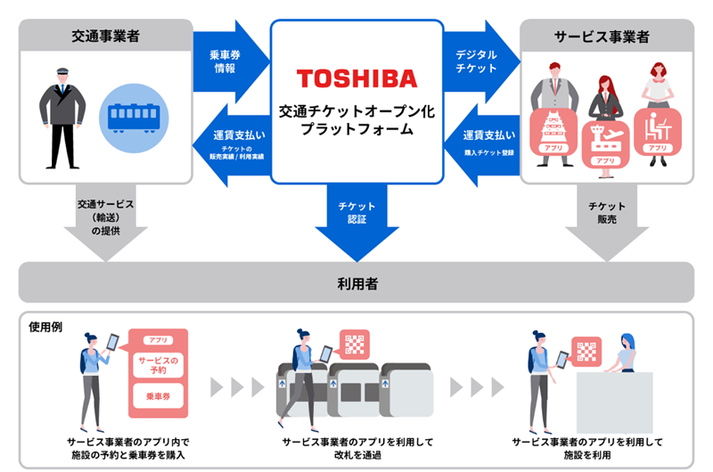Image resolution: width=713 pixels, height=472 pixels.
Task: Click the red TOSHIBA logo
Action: (356, 78)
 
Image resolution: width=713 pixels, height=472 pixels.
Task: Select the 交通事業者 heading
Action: (105, 37)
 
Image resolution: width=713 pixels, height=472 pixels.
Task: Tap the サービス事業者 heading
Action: (607, 37)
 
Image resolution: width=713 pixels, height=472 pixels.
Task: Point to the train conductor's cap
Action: (61, 72)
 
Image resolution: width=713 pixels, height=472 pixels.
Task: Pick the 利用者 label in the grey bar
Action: (356, 283)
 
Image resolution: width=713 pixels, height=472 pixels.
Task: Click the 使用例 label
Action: (45, 327)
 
